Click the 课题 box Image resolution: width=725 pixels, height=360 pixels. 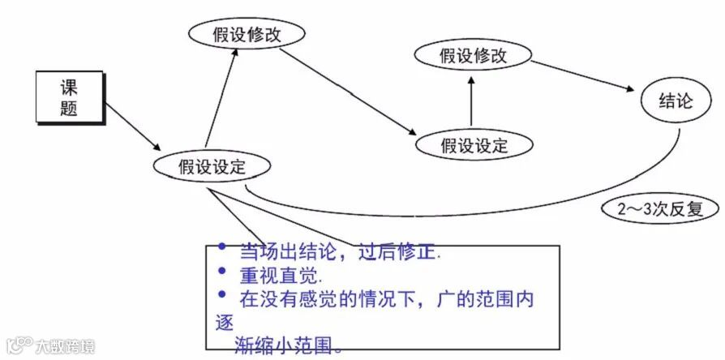[69, 97]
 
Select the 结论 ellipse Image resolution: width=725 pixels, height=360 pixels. [676, 102]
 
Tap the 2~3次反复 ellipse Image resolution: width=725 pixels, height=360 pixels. [659, 209]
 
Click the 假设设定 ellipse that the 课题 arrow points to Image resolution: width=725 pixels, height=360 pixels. [212, 167]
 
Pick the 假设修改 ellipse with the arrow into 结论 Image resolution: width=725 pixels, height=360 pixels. [473, 56]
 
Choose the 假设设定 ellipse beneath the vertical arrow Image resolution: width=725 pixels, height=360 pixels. [474, 145]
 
